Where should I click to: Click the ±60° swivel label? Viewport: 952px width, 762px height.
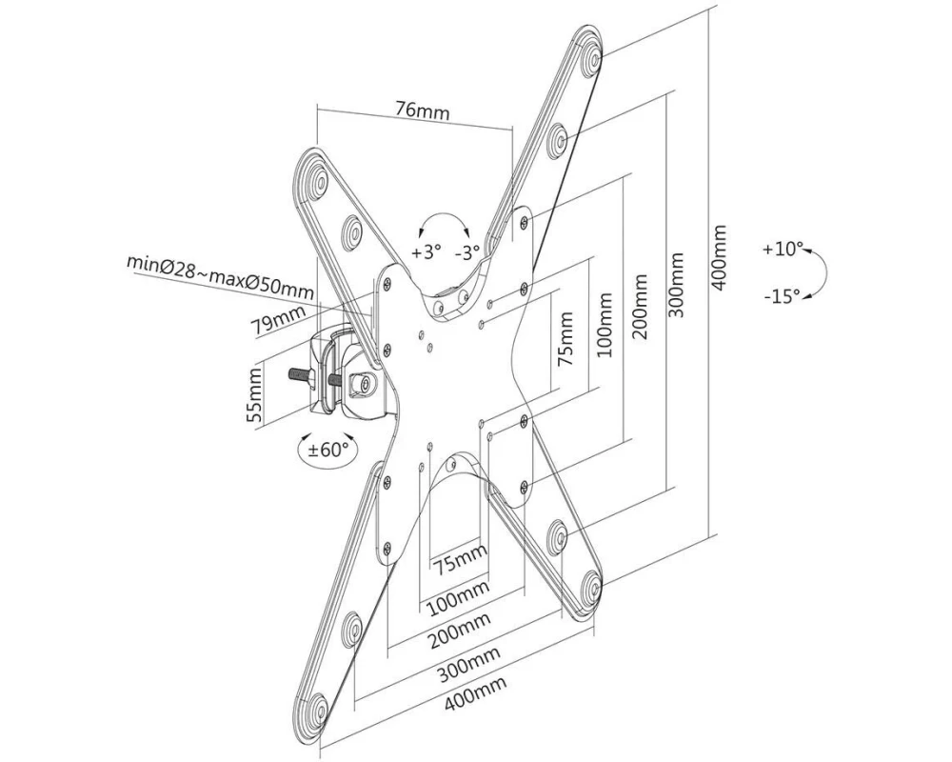pos(328,451)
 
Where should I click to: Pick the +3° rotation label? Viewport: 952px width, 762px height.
pos(426,251)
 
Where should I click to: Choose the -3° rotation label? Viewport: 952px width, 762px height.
pos(467,251)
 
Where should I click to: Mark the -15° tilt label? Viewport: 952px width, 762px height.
pos(783,296)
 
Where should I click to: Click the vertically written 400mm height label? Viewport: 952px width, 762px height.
pos(720,257)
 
